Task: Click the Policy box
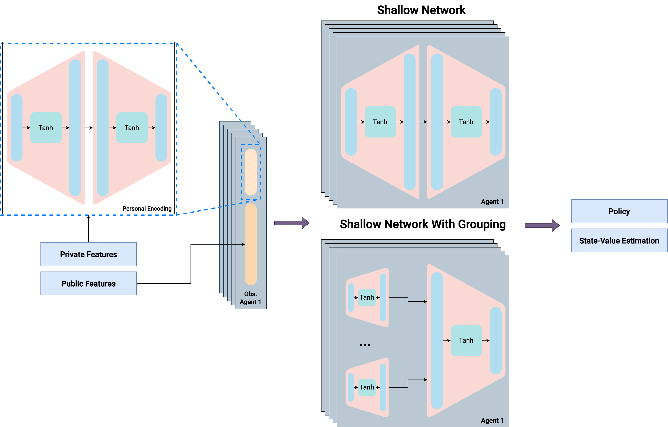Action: [619, 211]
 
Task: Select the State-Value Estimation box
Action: [619, 241]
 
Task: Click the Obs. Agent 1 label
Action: [250, 298]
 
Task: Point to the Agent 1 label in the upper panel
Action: [492, 202]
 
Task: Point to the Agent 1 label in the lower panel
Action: [492, 420]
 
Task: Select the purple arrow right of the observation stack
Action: [291, 223]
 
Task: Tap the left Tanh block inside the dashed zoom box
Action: [46, 128]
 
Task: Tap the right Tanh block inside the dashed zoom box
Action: [132, 128]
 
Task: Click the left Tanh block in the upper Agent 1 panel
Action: [380, 122]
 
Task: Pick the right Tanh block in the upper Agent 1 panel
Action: [466, 122]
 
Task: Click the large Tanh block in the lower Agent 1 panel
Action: [466, 340]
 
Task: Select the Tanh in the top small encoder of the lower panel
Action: [367, 297]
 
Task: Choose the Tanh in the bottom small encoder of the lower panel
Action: [367, 387]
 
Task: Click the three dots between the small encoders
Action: [365, 345]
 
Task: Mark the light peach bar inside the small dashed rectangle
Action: [251, 172]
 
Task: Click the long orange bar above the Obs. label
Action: [251, 244]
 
